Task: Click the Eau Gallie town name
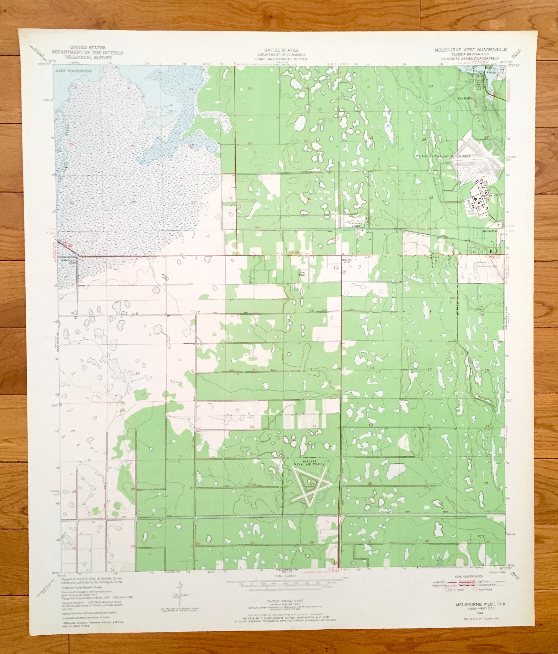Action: point(465,98)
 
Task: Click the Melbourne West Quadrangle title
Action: point(470,50)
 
